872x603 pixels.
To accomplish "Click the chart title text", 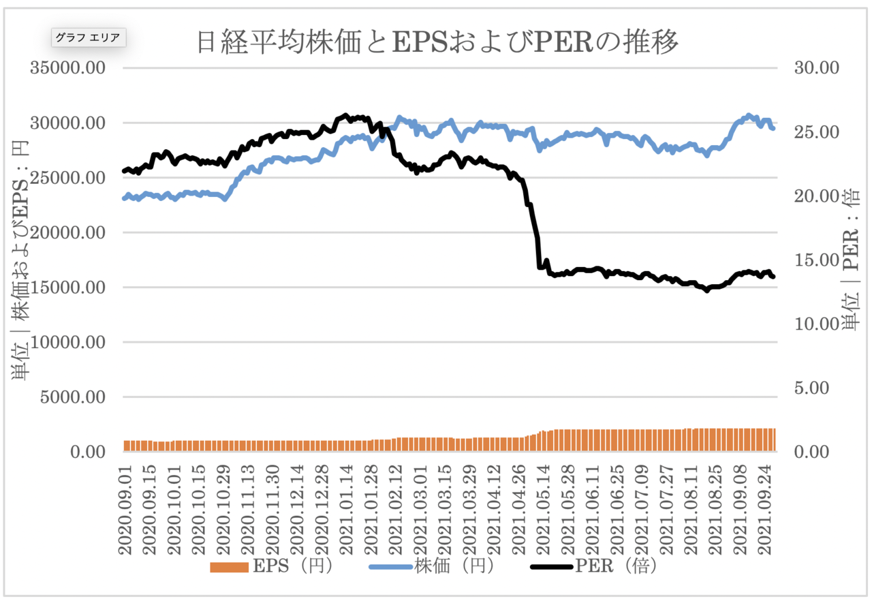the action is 437,42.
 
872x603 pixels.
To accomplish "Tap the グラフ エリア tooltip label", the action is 89,37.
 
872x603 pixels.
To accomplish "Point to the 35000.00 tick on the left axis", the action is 67,67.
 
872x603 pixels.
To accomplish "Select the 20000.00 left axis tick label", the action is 67,233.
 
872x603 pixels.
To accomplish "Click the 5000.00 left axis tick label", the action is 73,397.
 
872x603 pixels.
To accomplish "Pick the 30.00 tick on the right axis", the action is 817,67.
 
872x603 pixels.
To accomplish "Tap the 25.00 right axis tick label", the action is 817,132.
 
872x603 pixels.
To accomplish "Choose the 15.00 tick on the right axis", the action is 817,260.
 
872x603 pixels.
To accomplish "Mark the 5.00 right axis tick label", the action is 811,388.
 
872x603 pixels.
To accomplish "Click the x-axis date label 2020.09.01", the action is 125,510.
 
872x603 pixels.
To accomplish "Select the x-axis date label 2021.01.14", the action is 347,510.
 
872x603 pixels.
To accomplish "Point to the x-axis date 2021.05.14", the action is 544,510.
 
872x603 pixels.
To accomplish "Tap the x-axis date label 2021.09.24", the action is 765,510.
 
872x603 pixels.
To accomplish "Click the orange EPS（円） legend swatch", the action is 230,567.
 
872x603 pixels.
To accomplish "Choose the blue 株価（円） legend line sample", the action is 391,567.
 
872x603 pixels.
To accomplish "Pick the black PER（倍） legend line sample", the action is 552,567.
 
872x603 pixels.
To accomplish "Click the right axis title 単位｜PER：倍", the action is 852,259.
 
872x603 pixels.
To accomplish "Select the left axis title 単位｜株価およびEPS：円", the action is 20,260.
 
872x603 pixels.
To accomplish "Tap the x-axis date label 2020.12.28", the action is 322,510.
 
